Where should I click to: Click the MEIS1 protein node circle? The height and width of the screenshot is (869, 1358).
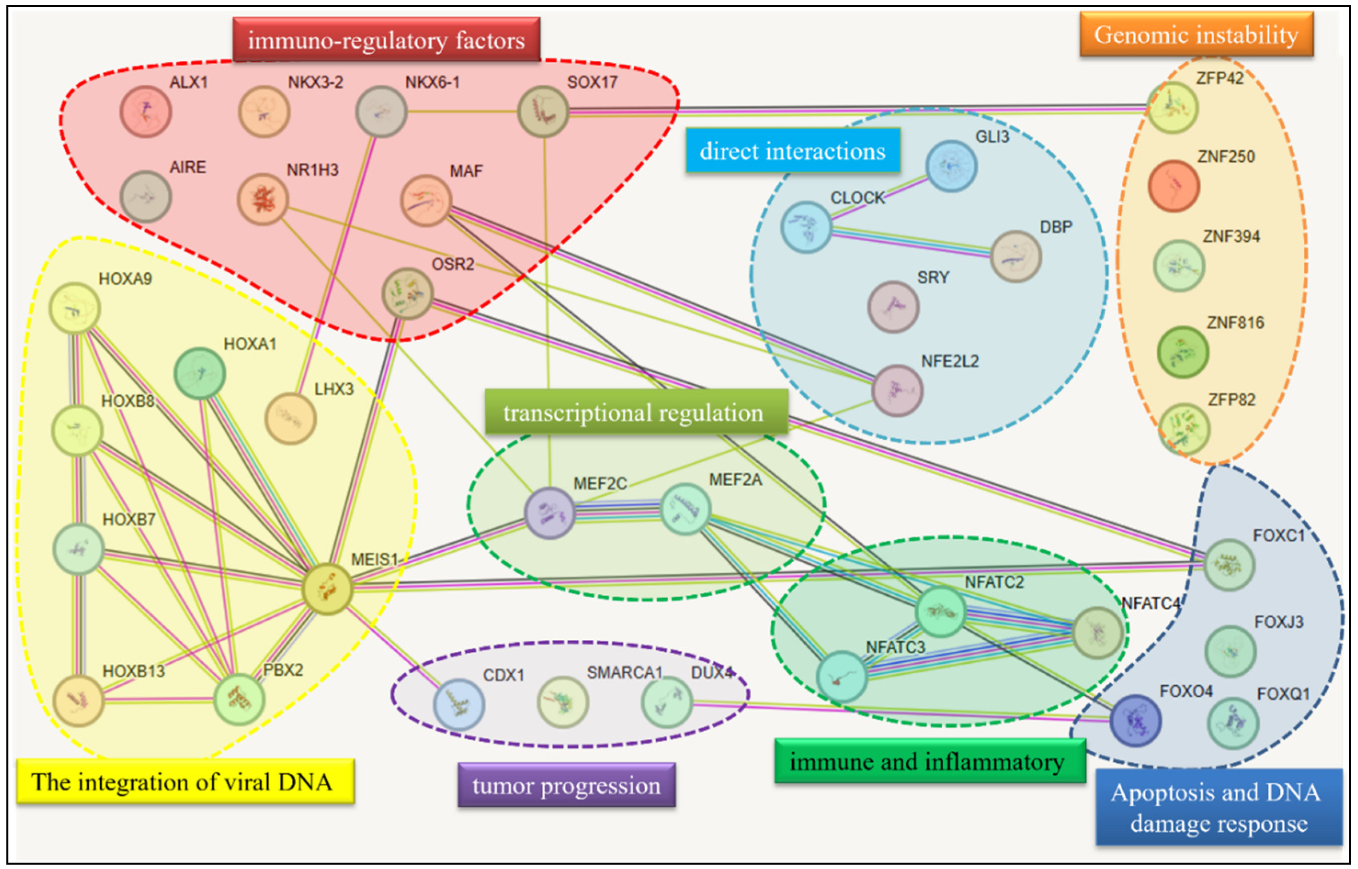327,589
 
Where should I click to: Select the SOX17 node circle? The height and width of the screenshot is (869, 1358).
543,111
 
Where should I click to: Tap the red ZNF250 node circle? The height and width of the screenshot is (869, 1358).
1173,186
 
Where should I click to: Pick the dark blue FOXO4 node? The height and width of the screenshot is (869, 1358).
1135,720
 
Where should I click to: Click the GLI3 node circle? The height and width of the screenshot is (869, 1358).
951,166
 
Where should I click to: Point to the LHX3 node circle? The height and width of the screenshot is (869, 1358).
290,418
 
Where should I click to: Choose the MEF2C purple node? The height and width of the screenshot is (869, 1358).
549,513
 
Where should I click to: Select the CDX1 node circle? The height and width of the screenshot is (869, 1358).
459,704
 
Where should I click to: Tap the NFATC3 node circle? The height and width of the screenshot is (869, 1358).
841,676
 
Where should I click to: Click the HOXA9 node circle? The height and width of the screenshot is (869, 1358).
74,308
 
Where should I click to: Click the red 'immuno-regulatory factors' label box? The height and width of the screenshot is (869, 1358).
386,40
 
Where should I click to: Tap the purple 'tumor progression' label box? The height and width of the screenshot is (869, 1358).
566,785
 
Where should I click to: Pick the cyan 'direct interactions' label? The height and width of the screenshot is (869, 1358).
792,151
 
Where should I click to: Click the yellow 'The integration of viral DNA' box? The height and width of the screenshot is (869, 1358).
185,782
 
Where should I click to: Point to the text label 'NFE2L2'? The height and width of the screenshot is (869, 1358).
950,361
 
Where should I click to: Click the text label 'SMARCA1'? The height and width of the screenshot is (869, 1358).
624,673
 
